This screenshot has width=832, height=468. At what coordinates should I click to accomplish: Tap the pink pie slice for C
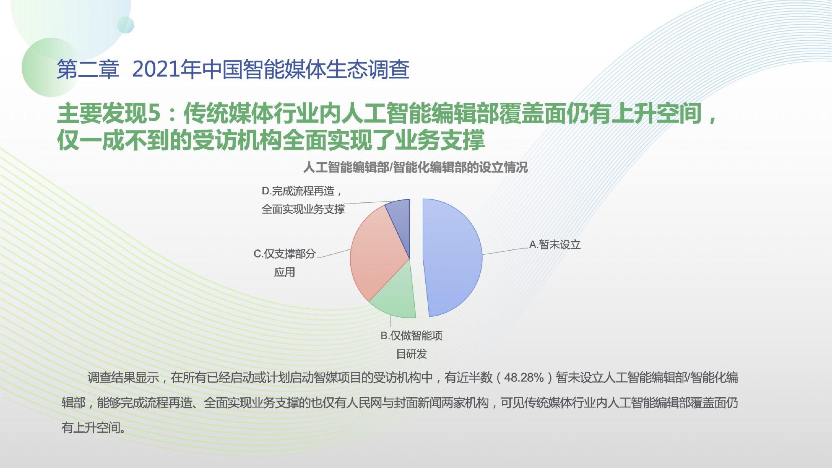pyautogui.click(x=376, y=252)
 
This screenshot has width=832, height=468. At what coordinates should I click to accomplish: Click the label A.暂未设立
pyautogui.click(x=555, y=245)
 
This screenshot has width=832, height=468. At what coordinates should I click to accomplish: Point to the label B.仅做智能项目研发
pyautogui.click(x=412, y=344)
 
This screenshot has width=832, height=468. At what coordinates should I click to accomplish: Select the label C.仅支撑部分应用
pyautogui.click(x=284, y=263)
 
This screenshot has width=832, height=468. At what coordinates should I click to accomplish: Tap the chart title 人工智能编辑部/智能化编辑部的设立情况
pyautogui.click(x=416, y=167)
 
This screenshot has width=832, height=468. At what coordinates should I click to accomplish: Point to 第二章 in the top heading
pyautogui.click(x=88, y=69)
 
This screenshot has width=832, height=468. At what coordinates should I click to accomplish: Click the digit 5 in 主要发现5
pyautogui.click(x=154, y=113)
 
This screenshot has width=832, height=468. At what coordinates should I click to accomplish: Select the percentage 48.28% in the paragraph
pyautogui.click(x=524, y=378)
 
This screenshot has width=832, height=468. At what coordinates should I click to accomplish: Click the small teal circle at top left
pyautogui.click(x=126, y=25)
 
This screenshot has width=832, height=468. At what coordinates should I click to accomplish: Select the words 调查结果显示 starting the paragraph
pyautogui.click(x=123, y=378)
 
